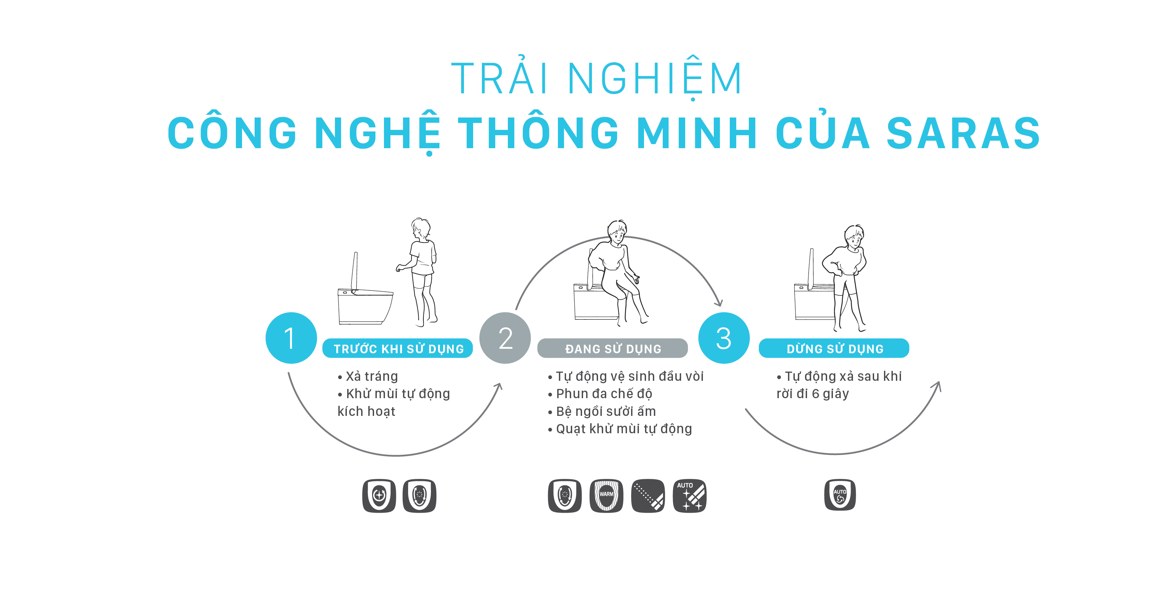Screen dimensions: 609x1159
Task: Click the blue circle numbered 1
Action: click(291, 338)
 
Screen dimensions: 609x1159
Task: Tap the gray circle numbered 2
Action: click(505, 338)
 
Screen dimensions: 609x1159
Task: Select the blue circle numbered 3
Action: click(723, 338)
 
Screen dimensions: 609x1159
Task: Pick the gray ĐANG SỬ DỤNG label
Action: click(612, 349)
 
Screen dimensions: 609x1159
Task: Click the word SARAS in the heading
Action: click(963, 133)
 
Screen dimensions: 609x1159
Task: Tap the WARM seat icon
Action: click(606, 496)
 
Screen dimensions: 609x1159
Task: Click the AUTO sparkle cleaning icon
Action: click(689, 496)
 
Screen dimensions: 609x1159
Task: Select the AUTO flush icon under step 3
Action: click(840, 495)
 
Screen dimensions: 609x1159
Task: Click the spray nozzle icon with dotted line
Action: click(648, 496)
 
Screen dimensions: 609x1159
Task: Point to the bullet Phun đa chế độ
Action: click(604, 394)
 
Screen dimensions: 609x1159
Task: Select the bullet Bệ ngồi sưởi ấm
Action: click(606, 411)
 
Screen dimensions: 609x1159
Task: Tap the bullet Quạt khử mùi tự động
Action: click(624, 429)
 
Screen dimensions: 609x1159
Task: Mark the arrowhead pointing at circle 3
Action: click(719, 302)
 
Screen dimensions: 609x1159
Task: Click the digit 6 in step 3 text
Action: click(815, 394)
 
